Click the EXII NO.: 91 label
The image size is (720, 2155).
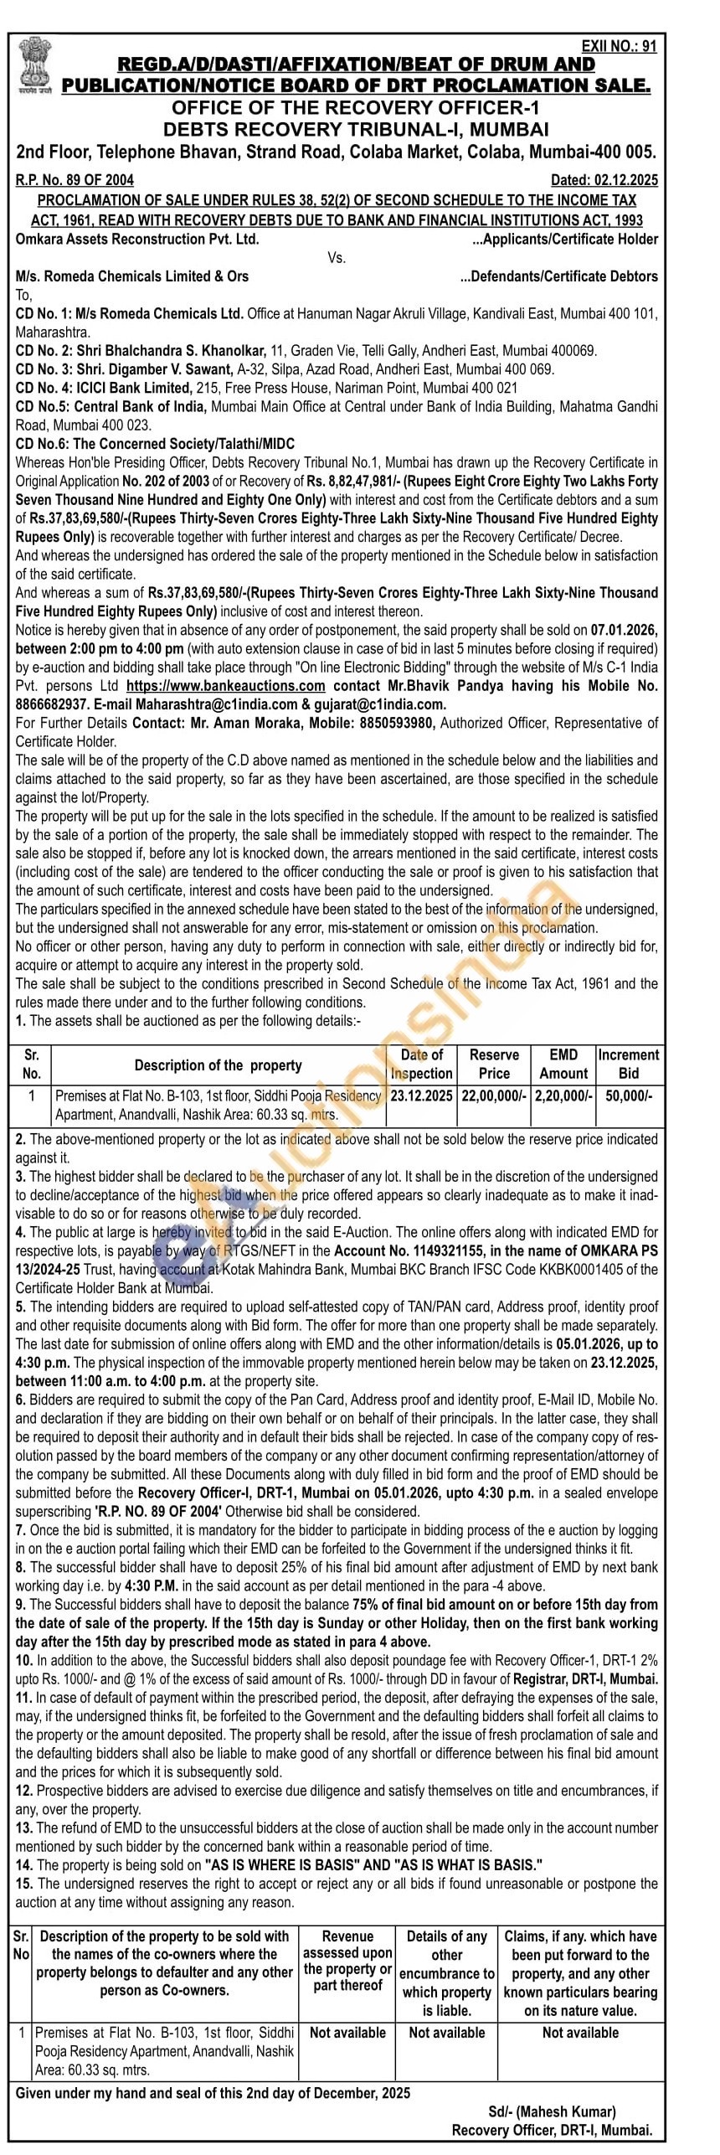[x=619, y=47]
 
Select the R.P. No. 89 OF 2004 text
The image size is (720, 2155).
[x=75, y=180]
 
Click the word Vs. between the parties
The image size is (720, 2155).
[x=337, y=258]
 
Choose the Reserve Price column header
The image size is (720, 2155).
[x=494, y=1064]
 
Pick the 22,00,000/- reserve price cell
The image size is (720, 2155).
[x=494, y=1096]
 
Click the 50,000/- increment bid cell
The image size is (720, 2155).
[x=628, y=1096]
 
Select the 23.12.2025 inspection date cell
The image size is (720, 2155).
[x=421, y=1096]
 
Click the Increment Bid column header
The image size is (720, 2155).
[x=628, y=1064]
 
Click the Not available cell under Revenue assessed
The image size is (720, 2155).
[x=347, y=2033]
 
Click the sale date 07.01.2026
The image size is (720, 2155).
[x=623, y=631]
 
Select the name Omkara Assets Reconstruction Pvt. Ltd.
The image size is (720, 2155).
[x=137, y=240]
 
